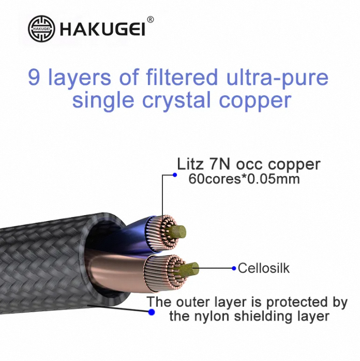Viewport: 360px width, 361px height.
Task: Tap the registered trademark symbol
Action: click(151, 20)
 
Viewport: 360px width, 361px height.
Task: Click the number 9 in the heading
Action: click(34, 78)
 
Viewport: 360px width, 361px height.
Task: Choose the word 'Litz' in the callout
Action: click(191, 164)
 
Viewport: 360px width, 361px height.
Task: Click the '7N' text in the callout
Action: click(227, 164)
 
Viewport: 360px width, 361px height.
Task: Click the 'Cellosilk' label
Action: click(263, 268)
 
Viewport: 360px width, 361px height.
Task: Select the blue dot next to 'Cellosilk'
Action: click(234, 268)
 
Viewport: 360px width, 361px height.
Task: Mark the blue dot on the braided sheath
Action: click(151, 312)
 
